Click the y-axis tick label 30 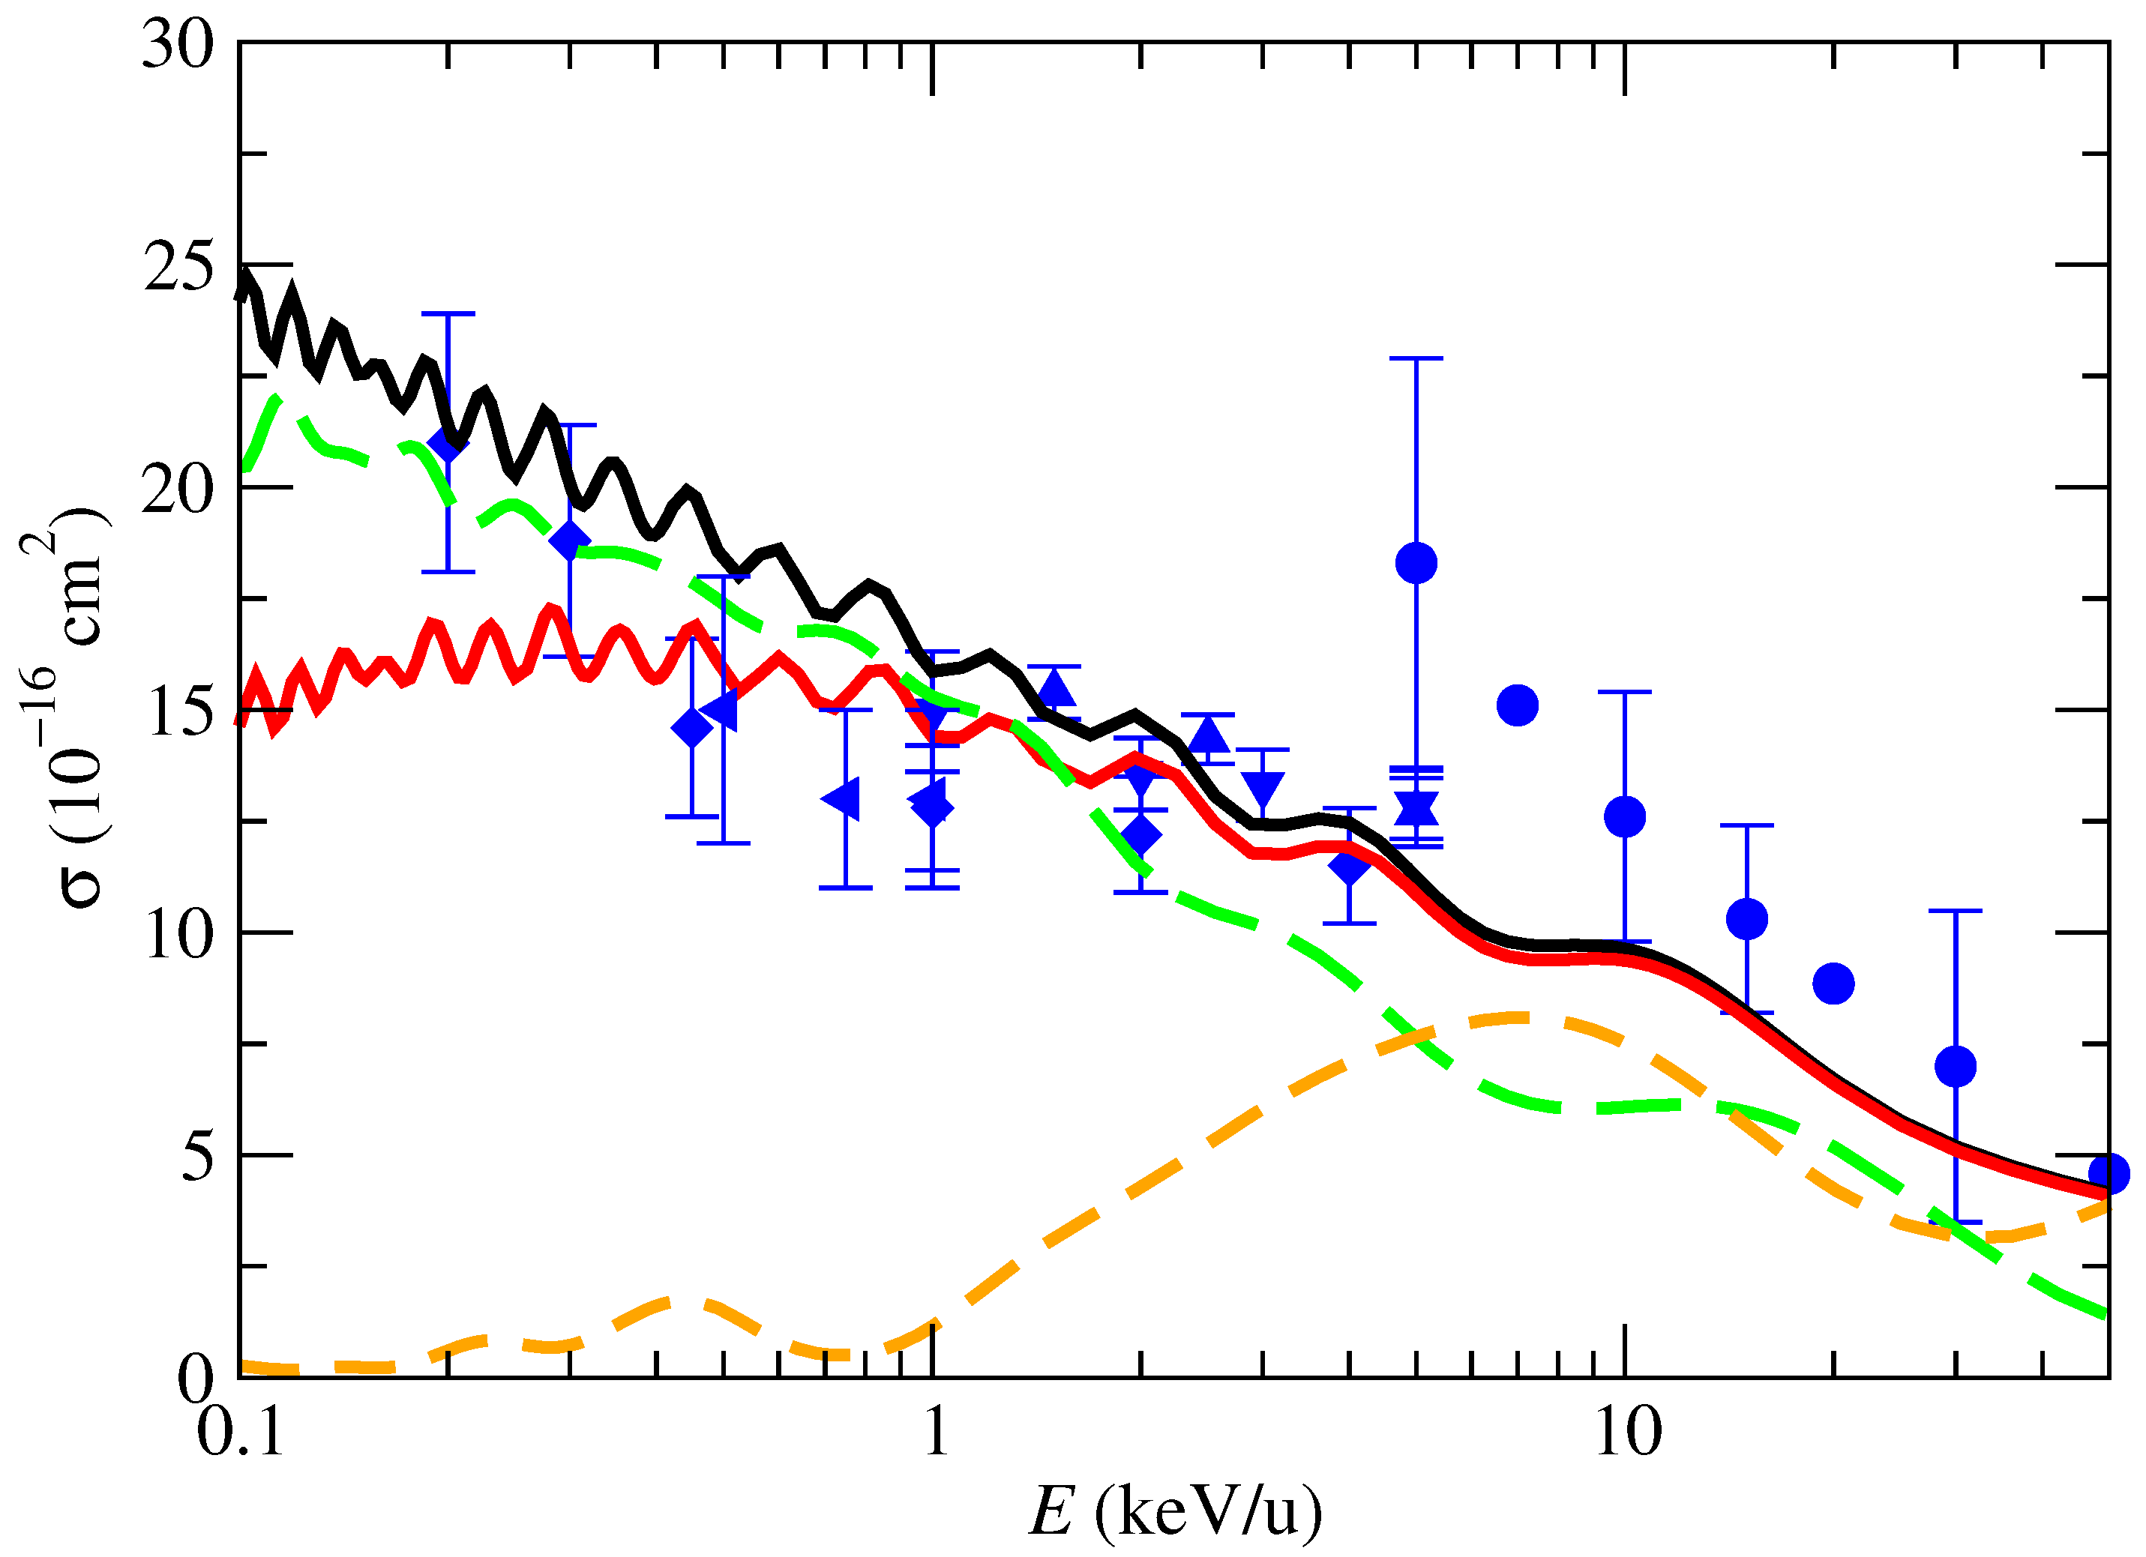(x=178, y=46)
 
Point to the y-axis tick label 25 (x=178, y=268)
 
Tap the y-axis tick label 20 (x=178, y=490)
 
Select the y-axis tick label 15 (x=178, y=712)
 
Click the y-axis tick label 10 (x=178, y=935)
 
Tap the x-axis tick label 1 (x=935, y=1430)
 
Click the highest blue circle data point (x=1416, y=564)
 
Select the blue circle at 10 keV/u (x=1626, y=816)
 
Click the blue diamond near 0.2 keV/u (x=447, y=443)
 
